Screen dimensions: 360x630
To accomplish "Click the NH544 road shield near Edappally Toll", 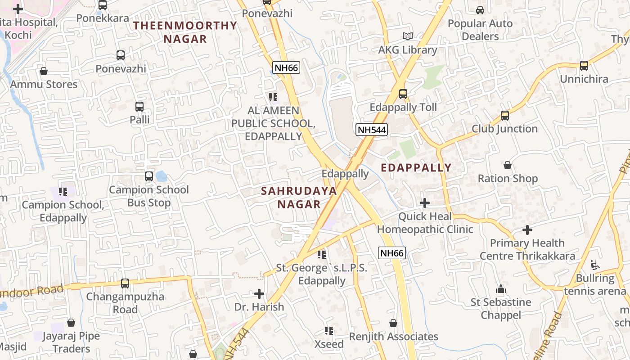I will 371,130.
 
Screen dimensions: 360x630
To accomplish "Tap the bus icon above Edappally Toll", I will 403,94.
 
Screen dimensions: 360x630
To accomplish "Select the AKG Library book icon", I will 407,36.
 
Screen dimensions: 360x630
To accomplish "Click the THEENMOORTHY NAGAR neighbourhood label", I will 185,32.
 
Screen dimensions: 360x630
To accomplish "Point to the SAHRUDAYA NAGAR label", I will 299,197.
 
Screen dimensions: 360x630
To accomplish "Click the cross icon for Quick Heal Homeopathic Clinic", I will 424,203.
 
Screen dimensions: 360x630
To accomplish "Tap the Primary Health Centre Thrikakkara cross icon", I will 527,230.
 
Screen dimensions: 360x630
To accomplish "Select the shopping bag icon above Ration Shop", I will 508,165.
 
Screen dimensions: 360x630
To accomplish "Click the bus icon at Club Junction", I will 504,116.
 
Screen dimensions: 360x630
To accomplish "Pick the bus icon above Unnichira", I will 584,66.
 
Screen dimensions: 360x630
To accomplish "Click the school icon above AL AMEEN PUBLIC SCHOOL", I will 273,97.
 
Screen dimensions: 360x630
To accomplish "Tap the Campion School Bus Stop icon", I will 149,176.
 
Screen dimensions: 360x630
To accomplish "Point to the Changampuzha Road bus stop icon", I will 125,283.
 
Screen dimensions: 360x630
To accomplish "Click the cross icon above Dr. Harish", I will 259,294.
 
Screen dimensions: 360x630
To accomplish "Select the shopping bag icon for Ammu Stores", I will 44,71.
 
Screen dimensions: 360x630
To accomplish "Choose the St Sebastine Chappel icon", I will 500,289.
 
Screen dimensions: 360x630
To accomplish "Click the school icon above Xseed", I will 329,331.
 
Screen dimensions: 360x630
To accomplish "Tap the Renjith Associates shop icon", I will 393,323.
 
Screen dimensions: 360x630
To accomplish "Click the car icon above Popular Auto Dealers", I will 480,10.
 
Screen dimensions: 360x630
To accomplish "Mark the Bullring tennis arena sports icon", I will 595,265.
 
